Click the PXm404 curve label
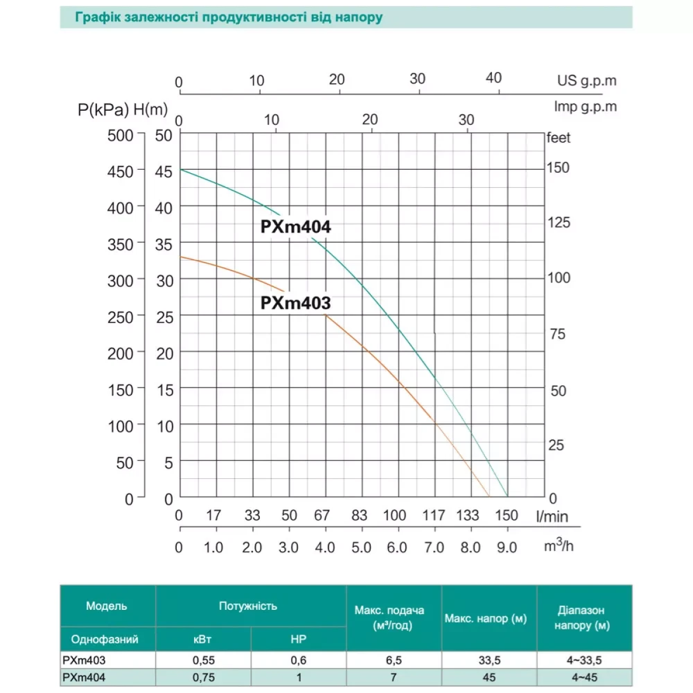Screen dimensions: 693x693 click(x=296, y=227)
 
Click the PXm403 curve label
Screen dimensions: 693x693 click(x=296, y=303)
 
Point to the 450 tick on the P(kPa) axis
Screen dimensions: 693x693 click(x=120, y=172)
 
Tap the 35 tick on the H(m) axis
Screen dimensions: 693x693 click(x=163, y=245)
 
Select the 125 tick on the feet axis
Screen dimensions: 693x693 click(x=558, y=222)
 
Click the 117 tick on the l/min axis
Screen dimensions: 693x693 click(x=433, y=515)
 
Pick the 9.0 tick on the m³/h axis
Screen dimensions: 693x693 click(x=506, y=547)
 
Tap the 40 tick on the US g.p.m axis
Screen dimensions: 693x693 click(x=493, y=79)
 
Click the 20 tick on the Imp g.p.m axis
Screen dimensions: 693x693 click(x=370, y=120)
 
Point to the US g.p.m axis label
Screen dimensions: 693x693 click(x=587, y=81)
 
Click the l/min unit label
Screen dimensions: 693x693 click(x=552, y=516)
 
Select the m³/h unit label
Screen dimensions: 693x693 click(x=558, y=545)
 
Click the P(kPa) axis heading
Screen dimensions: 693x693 click(x=103, y=110)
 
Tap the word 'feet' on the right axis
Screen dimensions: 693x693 click(x=558, y=138)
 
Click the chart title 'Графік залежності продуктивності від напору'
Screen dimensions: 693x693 click(x=229, y=17)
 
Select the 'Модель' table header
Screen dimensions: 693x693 click(x=107, y=606)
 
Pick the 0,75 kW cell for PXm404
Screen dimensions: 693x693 click(x=203, y=677)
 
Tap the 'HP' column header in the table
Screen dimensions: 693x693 click(x=299, y=639)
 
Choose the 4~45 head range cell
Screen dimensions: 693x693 click(x=584, y=677)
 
